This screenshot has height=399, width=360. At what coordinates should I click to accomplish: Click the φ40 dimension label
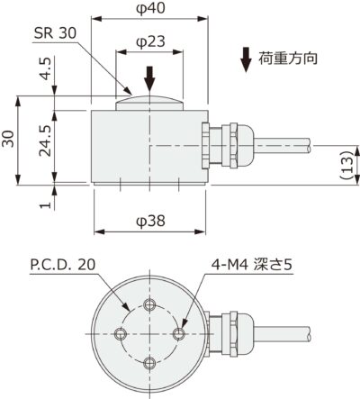149,8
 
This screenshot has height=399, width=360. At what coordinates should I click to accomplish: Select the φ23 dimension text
149,41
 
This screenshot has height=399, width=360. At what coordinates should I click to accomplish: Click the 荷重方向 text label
287,61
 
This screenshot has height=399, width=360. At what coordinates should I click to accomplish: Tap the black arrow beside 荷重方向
246,59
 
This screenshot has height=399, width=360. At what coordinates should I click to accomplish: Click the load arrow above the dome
150,76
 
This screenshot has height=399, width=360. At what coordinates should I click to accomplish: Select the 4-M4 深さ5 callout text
252,267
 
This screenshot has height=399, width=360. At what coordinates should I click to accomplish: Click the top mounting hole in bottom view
150,304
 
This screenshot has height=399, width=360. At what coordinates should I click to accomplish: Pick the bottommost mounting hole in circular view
150,363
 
